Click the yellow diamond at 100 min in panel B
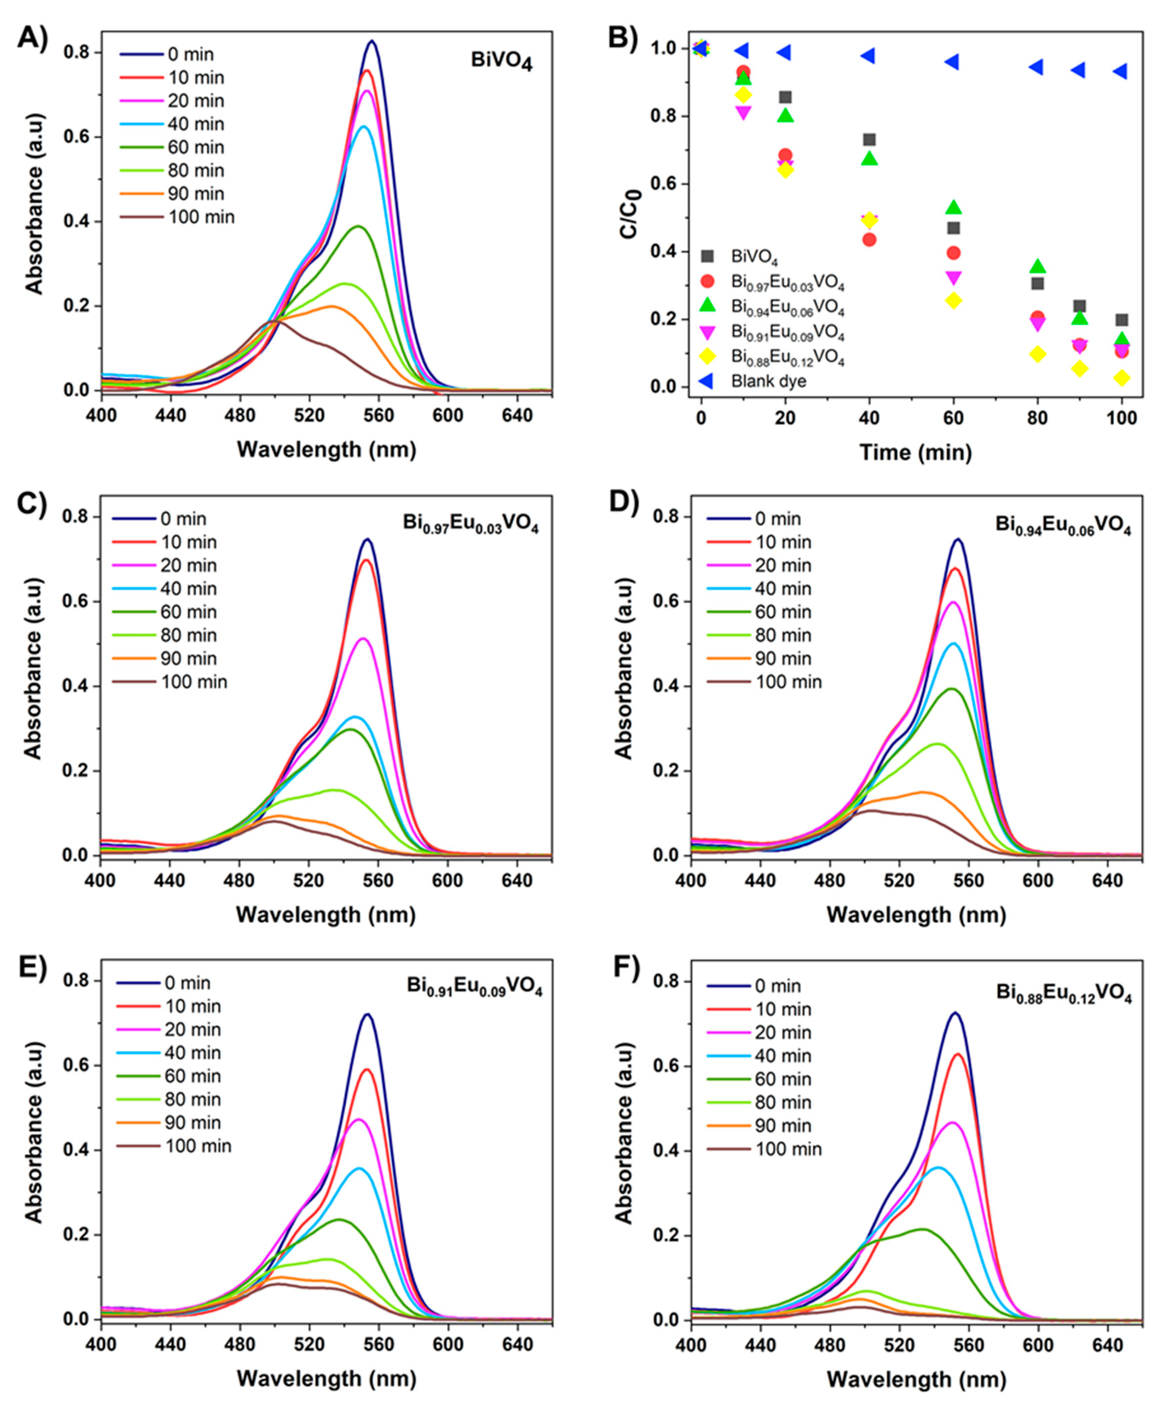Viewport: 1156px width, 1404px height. coord(1122,378)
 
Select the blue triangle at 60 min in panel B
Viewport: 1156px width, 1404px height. coord(953,62)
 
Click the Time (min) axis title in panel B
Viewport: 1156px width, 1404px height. coord(915,452)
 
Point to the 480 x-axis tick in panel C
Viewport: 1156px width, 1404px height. coord(239,880)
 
